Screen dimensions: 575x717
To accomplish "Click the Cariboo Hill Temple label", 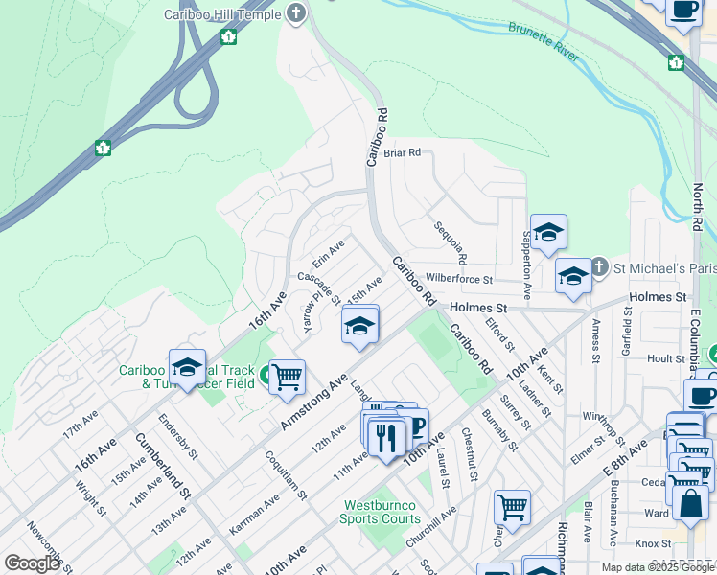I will pos(221,14).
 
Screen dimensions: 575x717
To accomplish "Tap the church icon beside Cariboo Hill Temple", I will pos(297,13).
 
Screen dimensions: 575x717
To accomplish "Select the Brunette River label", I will pos(544,43).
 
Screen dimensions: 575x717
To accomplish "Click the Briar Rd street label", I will pos(402,152).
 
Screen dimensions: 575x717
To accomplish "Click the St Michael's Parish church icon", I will pos(598,265).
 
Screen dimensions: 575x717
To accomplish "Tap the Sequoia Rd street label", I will pos(450,243).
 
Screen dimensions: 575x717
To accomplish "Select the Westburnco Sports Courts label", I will pos(380,512).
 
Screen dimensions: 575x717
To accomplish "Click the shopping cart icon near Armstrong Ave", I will pos(287,378).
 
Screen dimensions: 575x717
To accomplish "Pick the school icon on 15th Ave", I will pos(360,327).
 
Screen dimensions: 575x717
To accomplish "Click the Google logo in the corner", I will pos(33,563).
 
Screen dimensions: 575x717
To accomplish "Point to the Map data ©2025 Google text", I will pos(659,567).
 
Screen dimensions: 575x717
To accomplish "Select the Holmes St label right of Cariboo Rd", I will pos(477,308).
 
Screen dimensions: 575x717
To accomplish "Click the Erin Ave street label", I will pos(329,254).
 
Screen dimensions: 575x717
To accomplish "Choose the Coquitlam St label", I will pos(286,476).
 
